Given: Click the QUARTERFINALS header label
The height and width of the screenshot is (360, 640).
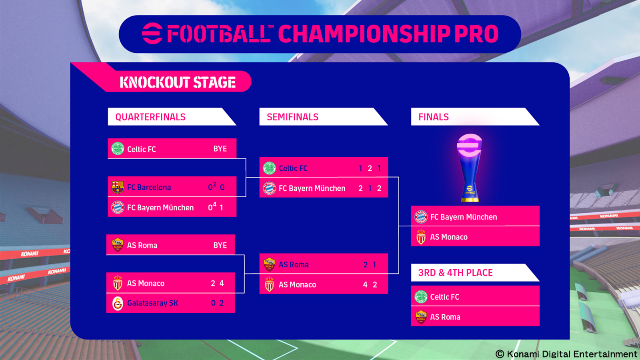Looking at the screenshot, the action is [x=150, y=117].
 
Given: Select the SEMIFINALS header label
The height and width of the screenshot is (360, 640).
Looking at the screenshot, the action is [x=292, y=117].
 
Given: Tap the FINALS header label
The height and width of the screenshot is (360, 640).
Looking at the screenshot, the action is [x=434, y=117].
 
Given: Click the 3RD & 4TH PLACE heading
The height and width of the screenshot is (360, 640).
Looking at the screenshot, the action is [x=456, y=272].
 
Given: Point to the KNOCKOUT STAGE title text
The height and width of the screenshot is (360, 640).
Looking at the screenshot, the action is [x=178, y=82].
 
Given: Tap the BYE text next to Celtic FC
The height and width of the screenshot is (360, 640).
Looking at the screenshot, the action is [x=220, y=148].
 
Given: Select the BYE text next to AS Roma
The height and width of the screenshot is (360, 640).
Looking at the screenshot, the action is [x=220, y=245].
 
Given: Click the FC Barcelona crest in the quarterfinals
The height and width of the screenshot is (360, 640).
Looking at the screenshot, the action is [x=118, y=187].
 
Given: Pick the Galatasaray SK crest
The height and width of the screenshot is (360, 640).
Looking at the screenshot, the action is [x=118, y=303].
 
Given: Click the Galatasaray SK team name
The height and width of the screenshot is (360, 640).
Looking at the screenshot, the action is [x=152, y=303].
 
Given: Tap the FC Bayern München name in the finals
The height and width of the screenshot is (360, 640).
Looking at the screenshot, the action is [x=464, y=217].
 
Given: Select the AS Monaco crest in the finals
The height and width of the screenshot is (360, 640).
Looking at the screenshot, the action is [x=421, y=237].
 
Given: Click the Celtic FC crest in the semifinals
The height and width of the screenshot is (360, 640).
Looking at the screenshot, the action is [x=269, y=168].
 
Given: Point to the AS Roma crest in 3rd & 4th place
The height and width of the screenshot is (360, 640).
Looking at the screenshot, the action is [x=421, y=317].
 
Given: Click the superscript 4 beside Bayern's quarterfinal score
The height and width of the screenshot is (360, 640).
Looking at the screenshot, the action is [x=214, y=204].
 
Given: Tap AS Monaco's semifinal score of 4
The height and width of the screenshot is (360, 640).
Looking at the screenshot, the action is [x=365, y=284].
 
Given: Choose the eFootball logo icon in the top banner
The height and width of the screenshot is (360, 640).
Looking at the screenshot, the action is [x=152, y=34].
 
